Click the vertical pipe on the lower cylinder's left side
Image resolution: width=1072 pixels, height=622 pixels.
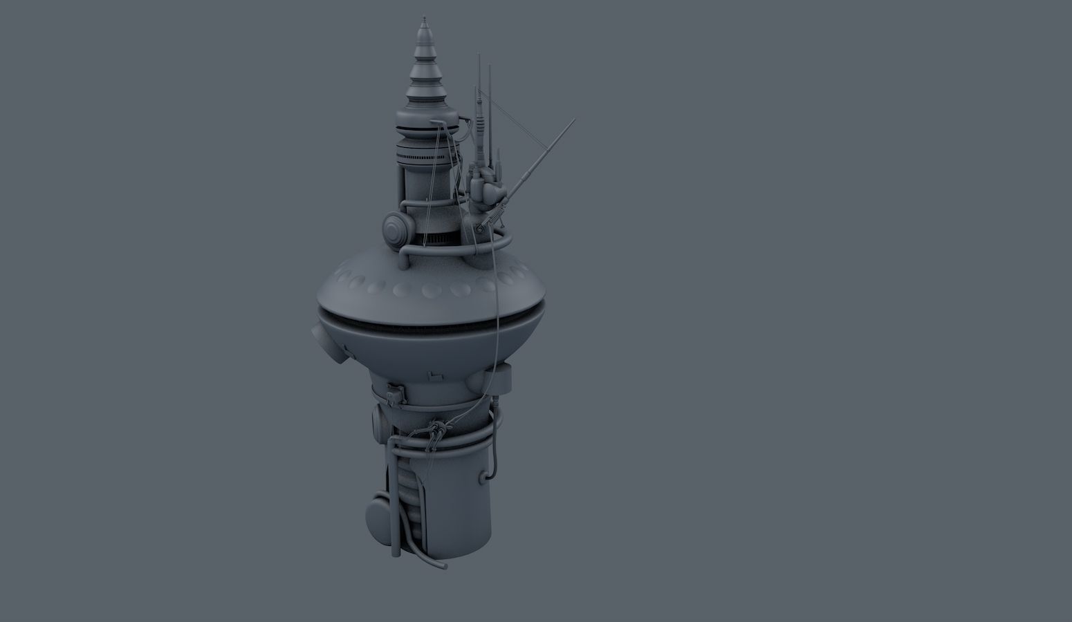pos(394,498)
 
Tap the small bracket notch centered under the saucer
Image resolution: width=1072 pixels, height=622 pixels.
pos(434,376)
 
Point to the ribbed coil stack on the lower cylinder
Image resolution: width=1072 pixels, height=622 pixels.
pos(409,484)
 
